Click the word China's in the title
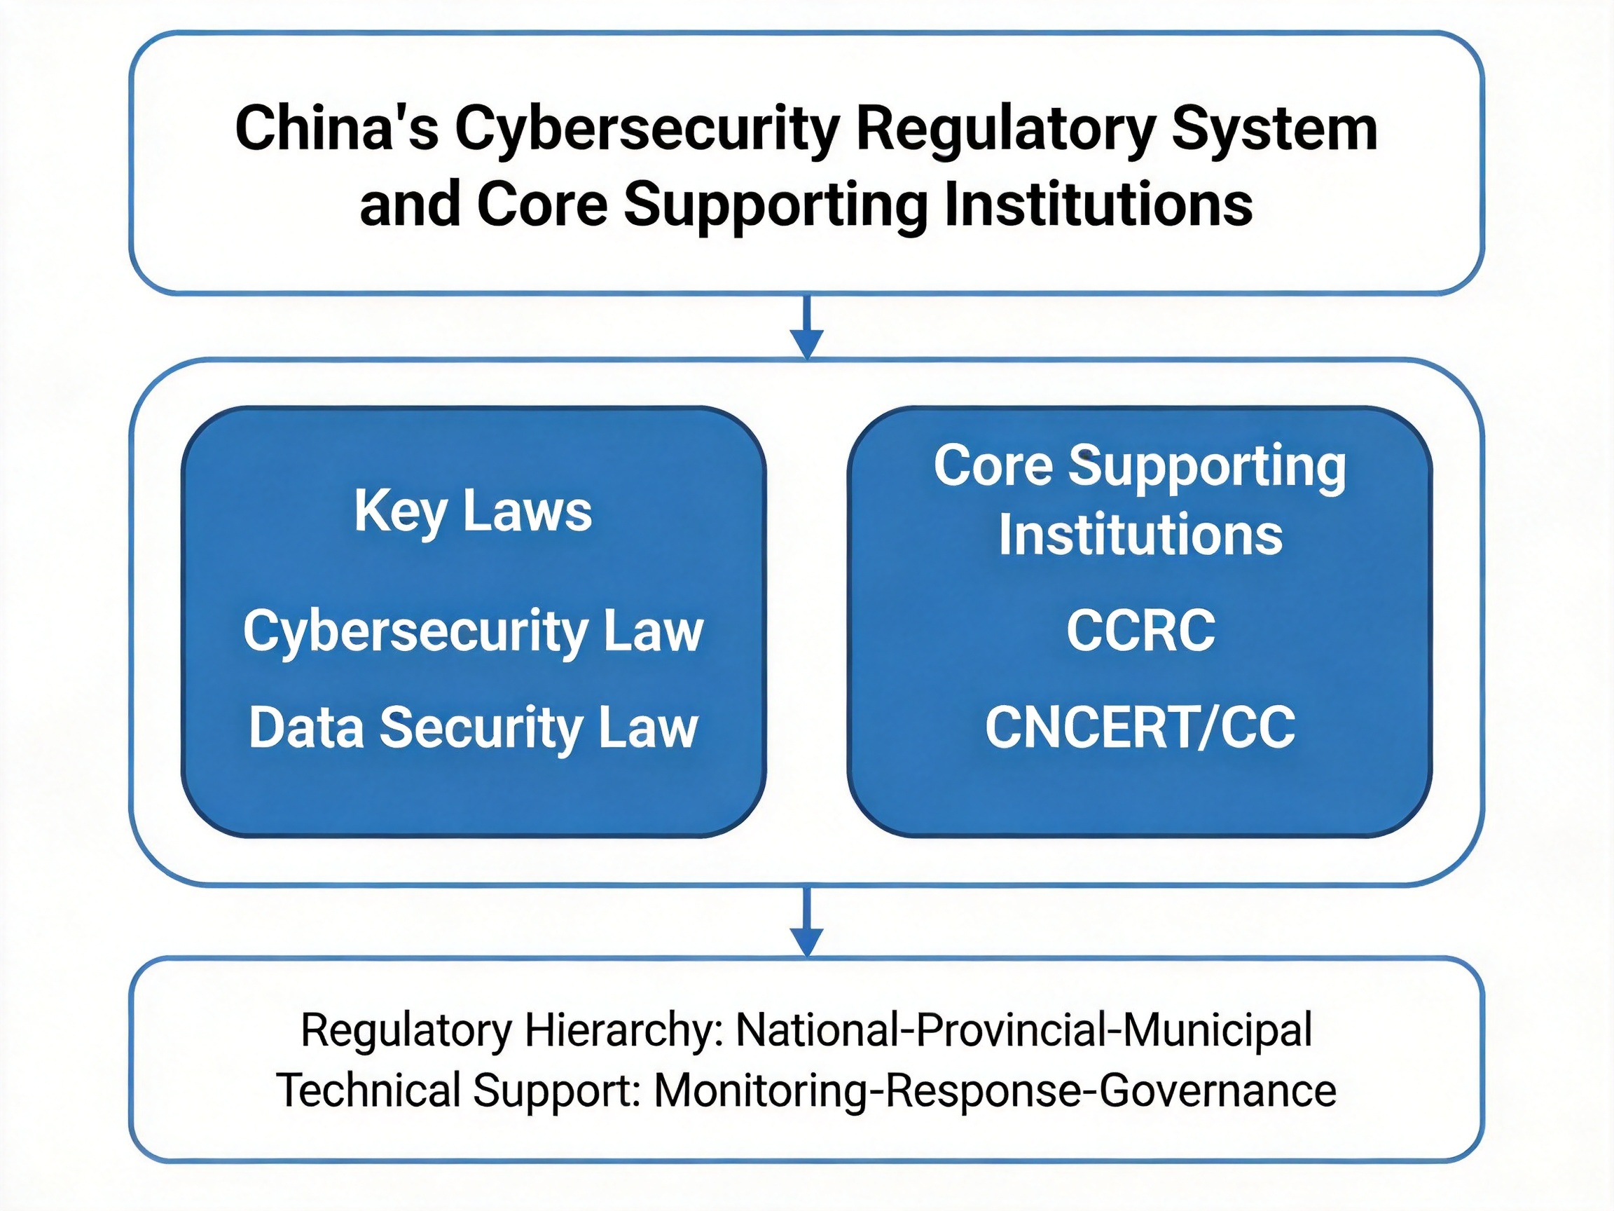click(x=336, y=128)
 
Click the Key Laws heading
click(x=473, y=512)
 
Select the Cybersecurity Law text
click(x=473, y=632)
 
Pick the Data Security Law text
click(x=473, y=727)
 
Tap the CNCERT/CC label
click(x=1140, y=727)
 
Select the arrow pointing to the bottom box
click(x=807, y=924)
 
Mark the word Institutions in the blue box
click(x=1140, y=535)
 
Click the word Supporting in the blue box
click(x=1207, y=467)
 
